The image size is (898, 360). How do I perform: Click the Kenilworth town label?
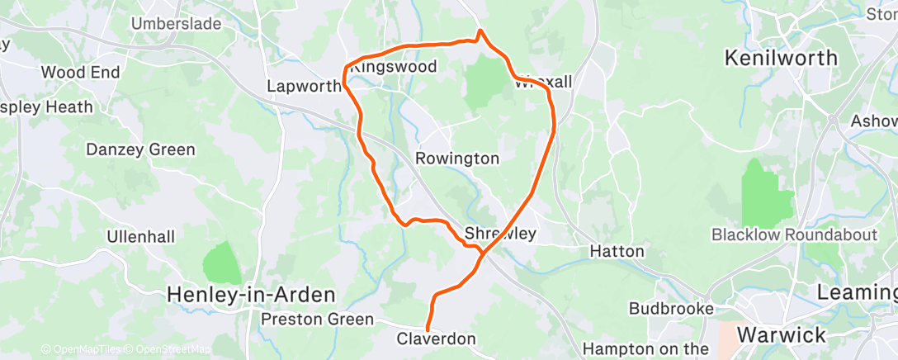pos(780,59)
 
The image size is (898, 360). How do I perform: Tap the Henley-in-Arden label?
pos(251,294)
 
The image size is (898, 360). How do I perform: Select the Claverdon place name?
pos(437,339)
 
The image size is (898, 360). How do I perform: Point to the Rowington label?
pos(456,158)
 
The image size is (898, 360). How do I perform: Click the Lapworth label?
pos(304,86)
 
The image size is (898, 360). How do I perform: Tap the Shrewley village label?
pos(500,234)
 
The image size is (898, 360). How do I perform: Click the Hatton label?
pos(617,250)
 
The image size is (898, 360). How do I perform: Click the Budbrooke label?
pos(670,308)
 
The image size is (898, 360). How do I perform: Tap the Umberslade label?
pos(177,24)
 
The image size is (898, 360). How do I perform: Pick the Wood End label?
pos(80,73)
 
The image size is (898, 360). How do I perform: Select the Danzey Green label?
pos(141,149)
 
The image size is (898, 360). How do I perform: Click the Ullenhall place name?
pos(140,237)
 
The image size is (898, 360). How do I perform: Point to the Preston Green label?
pos(317,319)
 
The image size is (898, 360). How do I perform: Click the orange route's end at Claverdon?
pos(428,329)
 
